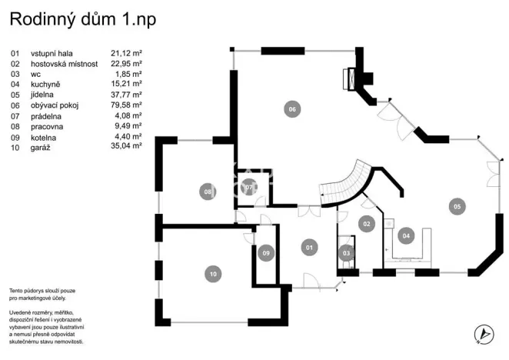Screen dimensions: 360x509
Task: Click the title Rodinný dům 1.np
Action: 82,19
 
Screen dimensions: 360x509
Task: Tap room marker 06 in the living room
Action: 291,109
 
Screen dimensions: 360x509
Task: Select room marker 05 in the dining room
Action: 457,205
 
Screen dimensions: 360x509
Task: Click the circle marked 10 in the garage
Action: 212,273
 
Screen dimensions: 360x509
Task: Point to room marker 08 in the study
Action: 207,192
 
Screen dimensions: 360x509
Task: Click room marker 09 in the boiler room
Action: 266,252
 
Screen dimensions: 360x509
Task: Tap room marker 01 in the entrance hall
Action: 308,247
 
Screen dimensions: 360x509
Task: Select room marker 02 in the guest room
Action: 367,224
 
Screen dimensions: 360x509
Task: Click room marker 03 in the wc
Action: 346,252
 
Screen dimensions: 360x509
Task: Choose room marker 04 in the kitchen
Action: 406,235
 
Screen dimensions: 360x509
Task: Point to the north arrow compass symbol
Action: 484,333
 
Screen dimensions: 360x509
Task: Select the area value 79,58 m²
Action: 126,105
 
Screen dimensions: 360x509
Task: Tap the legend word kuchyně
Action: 45,84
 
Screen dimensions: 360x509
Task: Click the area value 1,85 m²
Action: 128,74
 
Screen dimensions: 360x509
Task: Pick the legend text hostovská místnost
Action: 64,64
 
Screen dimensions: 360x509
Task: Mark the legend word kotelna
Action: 44,136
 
